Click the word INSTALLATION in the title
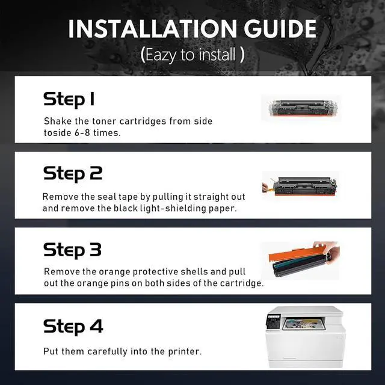click(x=152, y=29)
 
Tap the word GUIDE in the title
click(x=280, y=29)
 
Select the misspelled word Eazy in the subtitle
click(x=161, y=55)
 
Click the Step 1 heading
click(x=69, y=99)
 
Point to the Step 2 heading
click(x=73, y=174)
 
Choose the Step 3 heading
click(x=72, y=250)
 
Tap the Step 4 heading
click(x=73, y=327)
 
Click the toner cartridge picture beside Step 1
click(x=301, y=108)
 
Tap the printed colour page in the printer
click(x=303, y=325)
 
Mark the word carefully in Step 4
click(x=107, y=351)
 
